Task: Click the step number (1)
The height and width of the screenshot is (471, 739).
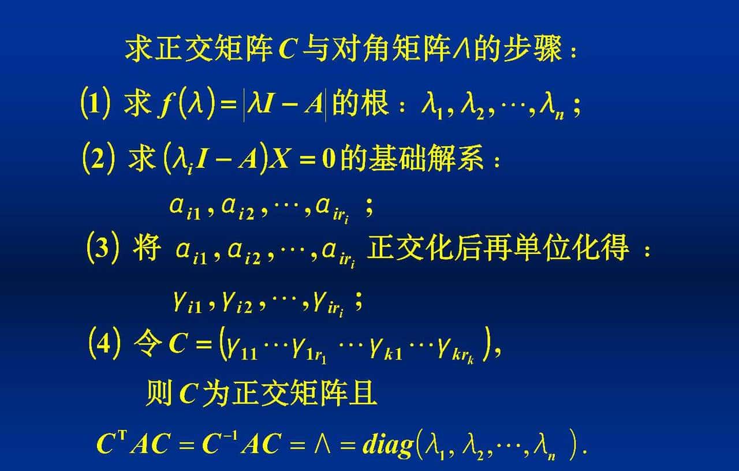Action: pos(95,106)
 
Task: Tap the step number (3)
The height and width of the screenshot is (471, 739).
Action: pos(104,249)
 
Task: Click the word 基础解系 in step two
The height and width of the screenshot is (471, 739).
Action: pos(411,158)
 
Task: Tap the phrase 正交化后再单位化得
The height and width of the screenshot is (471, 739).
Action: pos(498,249)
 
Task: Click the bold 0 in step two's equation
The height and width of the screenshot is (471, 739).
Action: pos(329,159)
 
